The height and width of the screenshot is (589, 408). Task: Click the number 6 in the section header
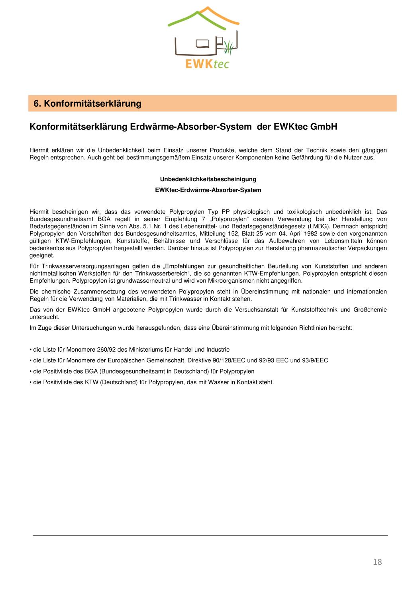coord(36,104)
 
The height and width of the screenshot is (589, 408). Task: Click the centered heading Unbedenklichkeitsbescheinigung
coord(208,179)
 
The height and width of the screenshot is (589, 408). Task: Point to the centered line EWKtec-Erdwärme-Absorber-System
coord(208,190)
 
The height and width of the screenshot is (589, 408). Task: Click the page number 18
coord(377,562)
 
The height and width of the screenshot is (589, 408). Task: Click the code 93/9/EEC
coord(315,360)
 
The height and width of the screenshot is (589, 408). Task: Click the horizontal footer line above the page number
coord(210,536)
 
